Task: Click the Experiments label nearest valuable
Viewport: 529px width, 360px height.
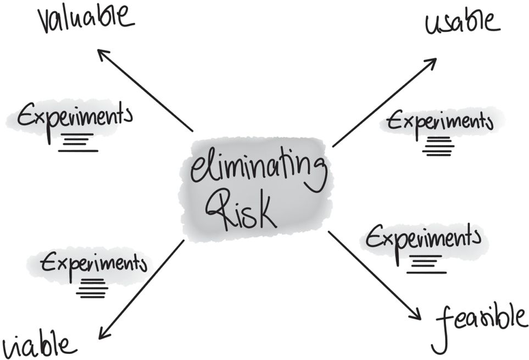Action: (74, 118)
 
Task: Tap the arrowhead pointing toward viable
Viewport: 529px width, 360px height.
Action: (103, 333)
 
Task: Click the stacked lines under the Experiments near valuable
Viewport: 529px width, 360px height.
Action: (78, 142)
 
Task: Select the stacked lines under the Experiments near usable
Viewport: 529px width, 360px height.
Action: (437, 146)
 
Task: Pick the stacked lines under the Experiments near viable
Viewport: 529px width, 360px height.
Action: (92, 289)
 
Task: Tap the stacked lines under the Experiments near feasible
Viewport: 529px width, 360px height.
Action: (426, 264)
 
